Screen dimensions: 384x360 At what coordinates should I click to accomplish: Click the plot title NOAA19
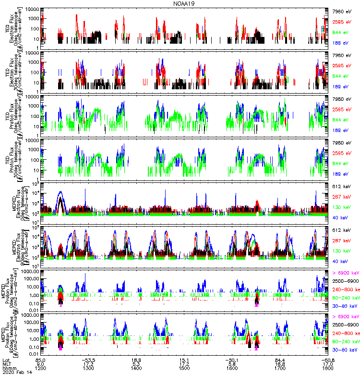(184, 3)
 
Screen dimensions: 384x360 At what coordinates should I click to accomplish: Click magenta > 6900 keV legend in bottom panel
(346, 317)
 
